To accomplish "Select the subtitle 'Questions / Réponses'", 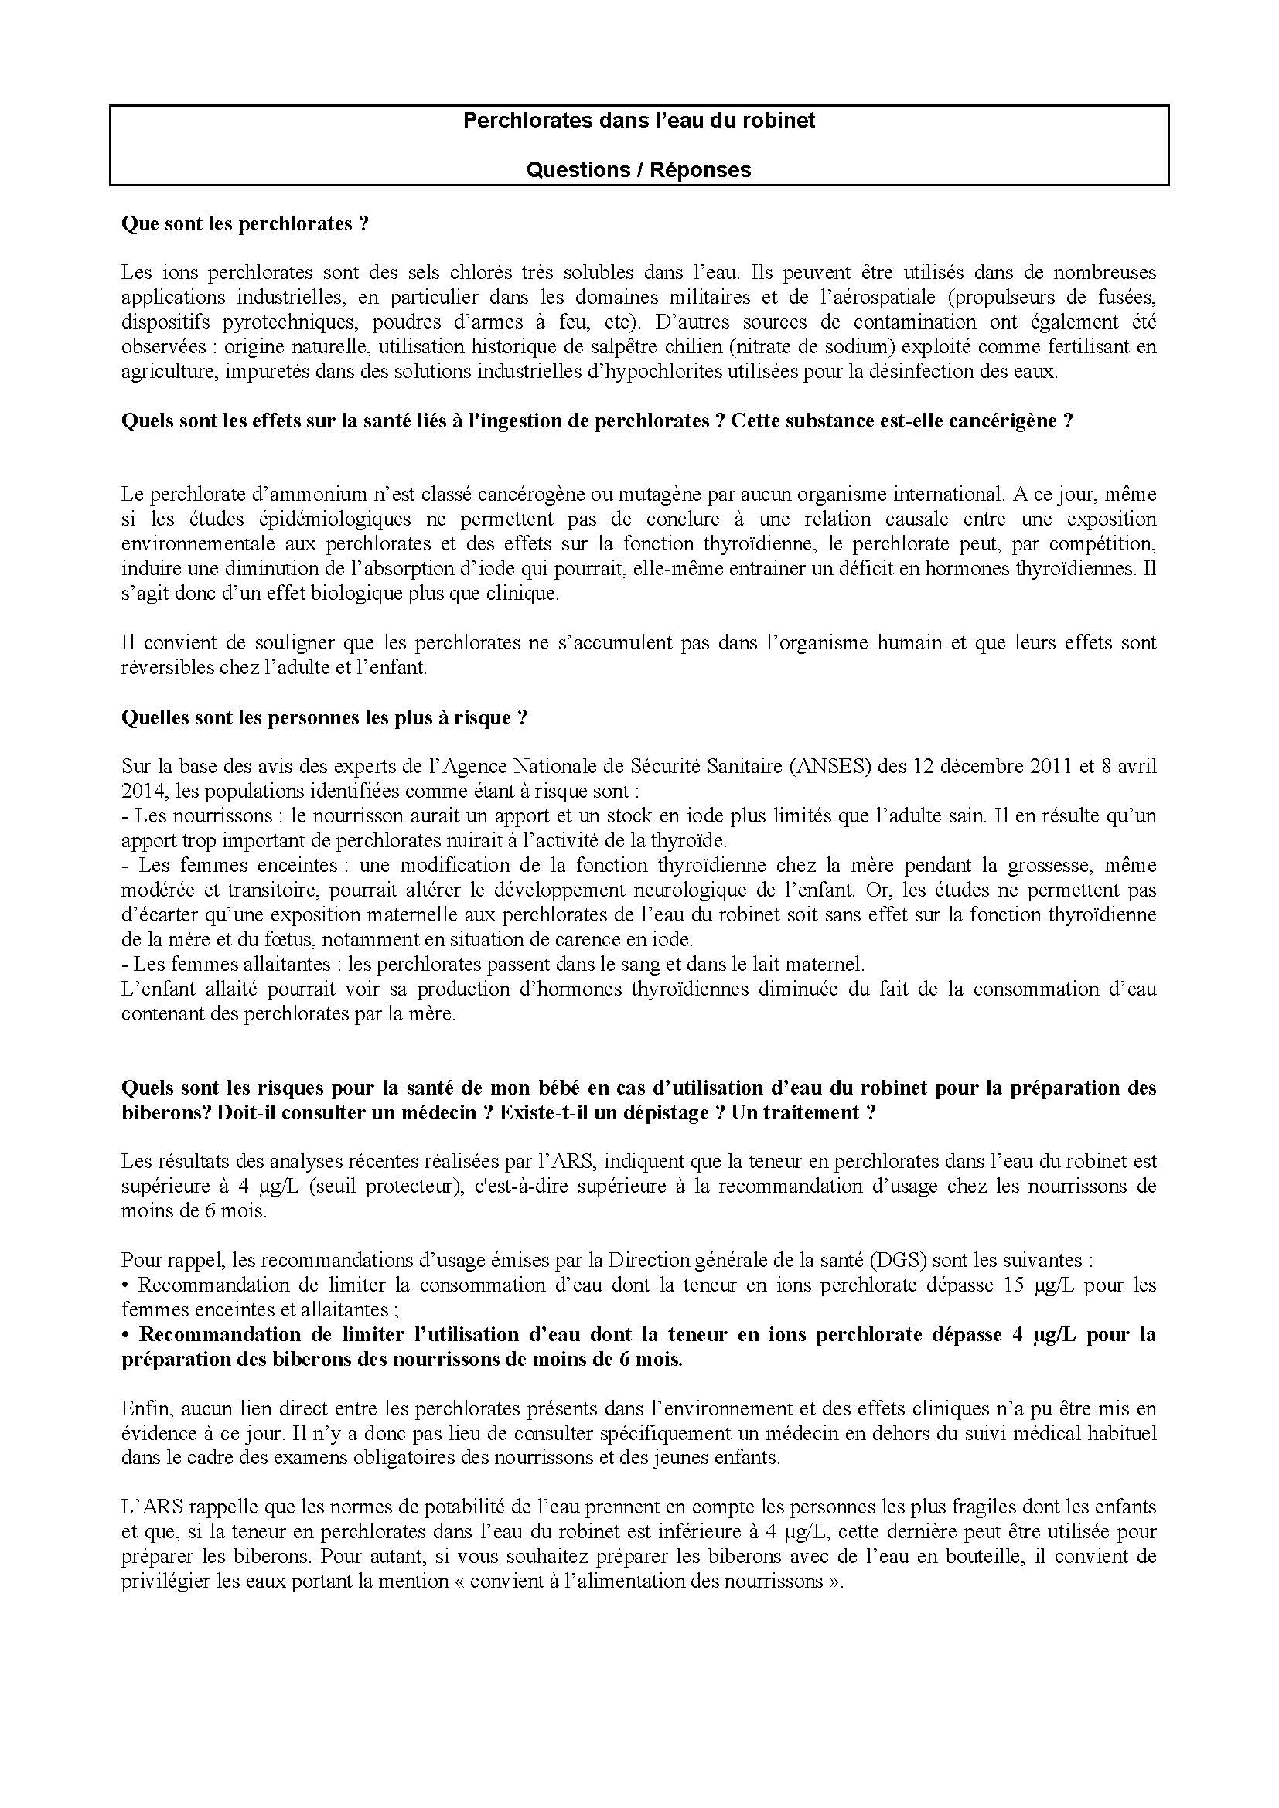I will point(639,170).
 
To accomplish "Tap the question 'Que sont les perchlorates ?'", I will point(245,224).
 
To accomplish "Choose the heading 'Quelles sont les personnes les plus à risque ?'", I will point(324,717).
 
